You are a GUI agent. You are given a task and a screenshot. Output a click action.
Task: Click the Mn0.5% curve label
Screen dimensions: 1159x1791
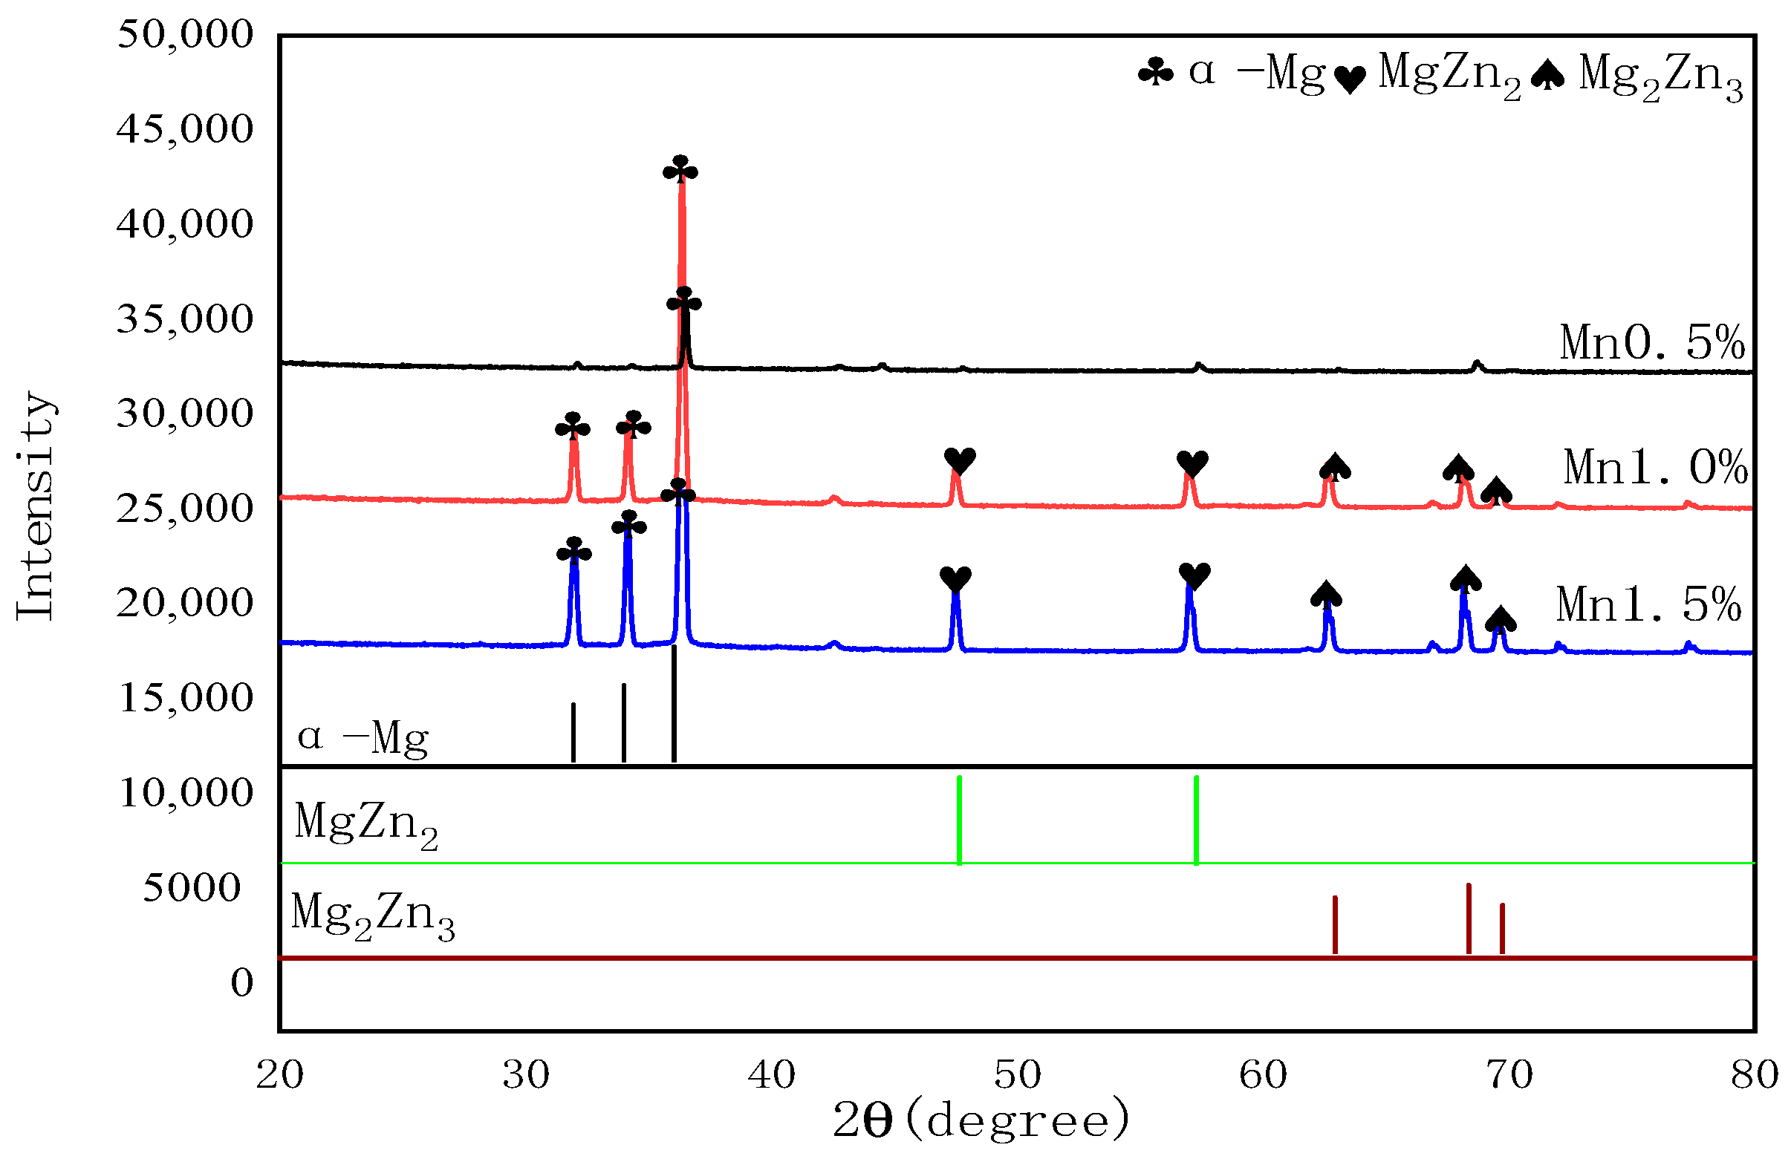pyautogui.click(x=1653, y=343)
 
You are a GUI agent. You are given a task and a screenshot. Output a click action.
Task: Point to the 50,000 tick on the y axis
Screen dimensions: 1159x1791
pyautogui.click(x=185, y=35)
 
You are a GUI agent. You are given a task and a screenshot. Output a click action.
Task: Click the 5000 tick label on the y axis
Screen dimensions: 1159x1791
pyautogui.click(x=192, y=887)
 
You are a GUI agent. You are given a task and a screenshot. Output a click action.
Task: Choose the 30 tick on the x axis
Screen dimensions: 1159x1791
pyautogui.click(x=526, y=1075)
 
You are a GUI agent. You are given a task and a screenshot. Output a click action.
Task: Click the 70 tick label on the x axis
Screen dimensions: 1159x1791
pyautogui.click(x=1509, y=1075)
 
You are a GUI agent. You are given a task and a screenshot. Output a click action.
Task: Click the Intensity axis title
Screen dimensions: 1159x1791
pyautogui.click(x=36, y=506)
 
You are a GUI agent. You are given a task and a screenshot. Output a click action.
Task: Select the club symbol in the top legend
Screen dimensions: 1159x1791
pyautogui.click(x=1156, y=74)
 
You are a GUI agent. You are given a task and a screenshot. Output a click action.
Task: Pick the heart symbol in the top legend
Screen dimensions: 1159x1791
pyautogui.click(x=1350, y=79)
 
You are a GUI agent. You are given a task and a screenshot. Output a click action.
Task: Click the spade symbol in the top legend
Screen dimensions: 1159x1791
pyautogui.click(x=1548, y=75)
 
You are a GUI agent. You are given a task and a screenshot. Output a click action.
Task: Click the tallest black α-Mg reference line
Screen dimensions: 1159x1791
pyautogui.click(x=674, y=703)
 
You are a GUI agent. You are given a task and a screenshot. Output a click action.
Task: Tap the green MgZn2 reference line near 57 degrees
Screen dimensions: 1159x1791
pyautogui.click(x=1197, y=820)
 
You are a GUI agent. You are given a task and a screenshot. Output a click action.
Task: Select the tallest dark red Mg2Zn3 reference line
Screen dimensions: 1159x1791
pyautogui.click(x=1469, y=918)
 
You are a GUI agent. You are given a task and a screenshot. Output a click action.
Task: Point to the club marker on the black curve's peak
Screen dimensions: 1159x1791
pyautogui.click(x=684, y=301)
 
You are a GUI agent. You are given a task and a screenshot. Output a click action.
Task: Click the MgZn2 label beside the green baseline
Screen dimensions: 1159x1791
pyautogui.click(x=366, y=823)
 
